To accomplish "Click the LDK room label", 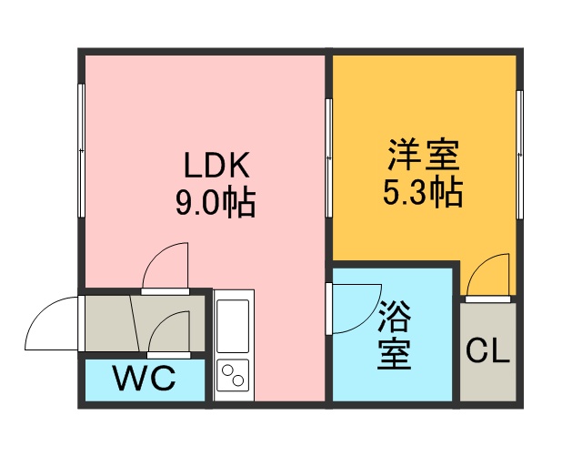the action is click(216, 165).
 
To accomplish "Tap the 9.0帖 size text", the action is click(216, 203).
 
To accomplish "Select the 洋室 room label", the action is click(424, 155).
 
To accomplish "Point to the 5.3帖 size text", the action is click(423, 192).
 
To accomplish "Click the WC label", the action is click(145, 378).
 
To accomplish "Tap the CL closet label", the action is click(487, 350).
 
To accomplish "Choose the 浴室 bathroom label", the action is click(394, 334).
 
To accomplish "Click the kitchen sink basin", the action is click(233, 326).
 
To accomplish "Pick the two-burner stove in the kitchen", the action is click(233, 375).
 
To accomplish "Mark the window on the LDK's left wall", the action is click(81, 150).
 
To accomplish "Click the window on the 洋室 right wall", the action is click(519, 155).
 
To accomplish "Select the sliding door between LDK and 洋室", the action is click(328, 158).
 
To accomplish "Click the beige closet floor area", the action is click(487, 352).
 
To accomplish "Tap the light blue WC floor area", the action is click(145, 380).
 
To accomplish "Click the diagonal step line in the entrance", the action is click(135, 323).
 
